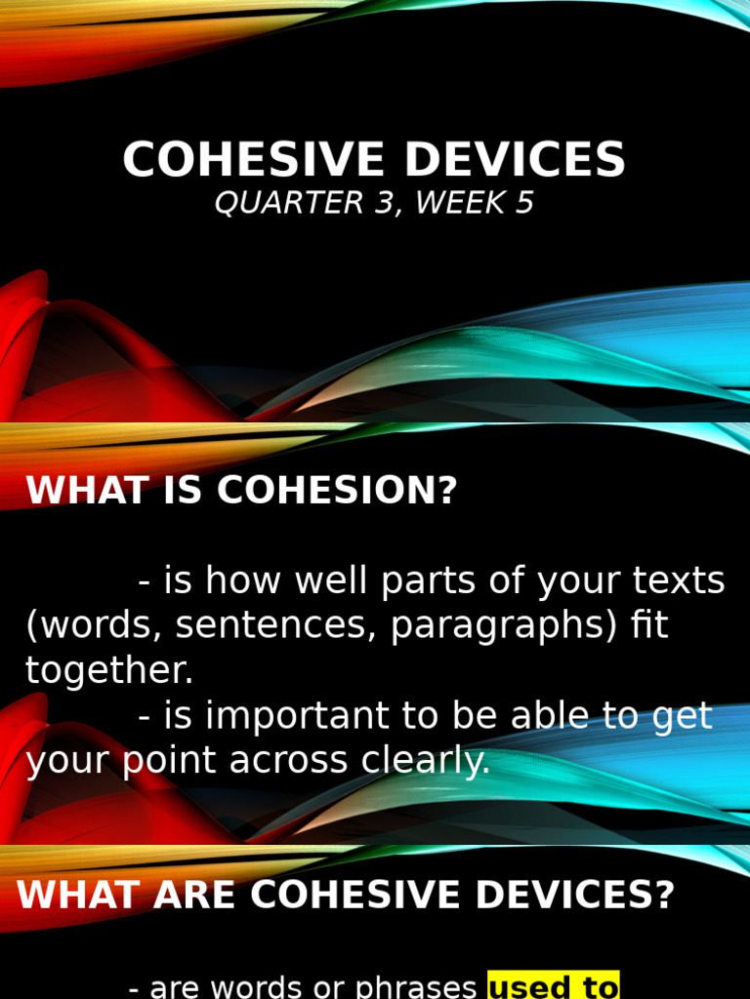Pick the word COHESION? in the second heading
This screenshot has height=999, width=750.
[337, 491]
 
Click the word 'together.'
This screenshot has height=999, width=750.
[109, 671]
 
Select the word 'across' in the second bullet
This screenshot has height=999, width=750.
[288, 761]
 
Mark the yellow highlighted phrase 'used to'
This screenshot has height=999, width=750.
[553, 986]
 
